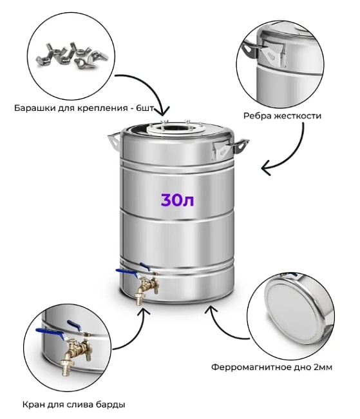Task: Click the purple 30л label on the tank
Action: pos(177,200)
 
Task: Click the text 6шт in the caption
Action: pos(145,108)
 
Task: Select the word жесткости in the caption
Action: pos(298,116)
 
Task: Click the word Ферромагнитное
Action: pos(251,367)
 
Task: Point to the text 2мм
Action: pos(323,367)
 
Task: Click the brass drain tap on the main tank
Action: pos(146,287)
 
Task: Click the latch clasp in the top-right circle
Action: pos(273,55)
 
